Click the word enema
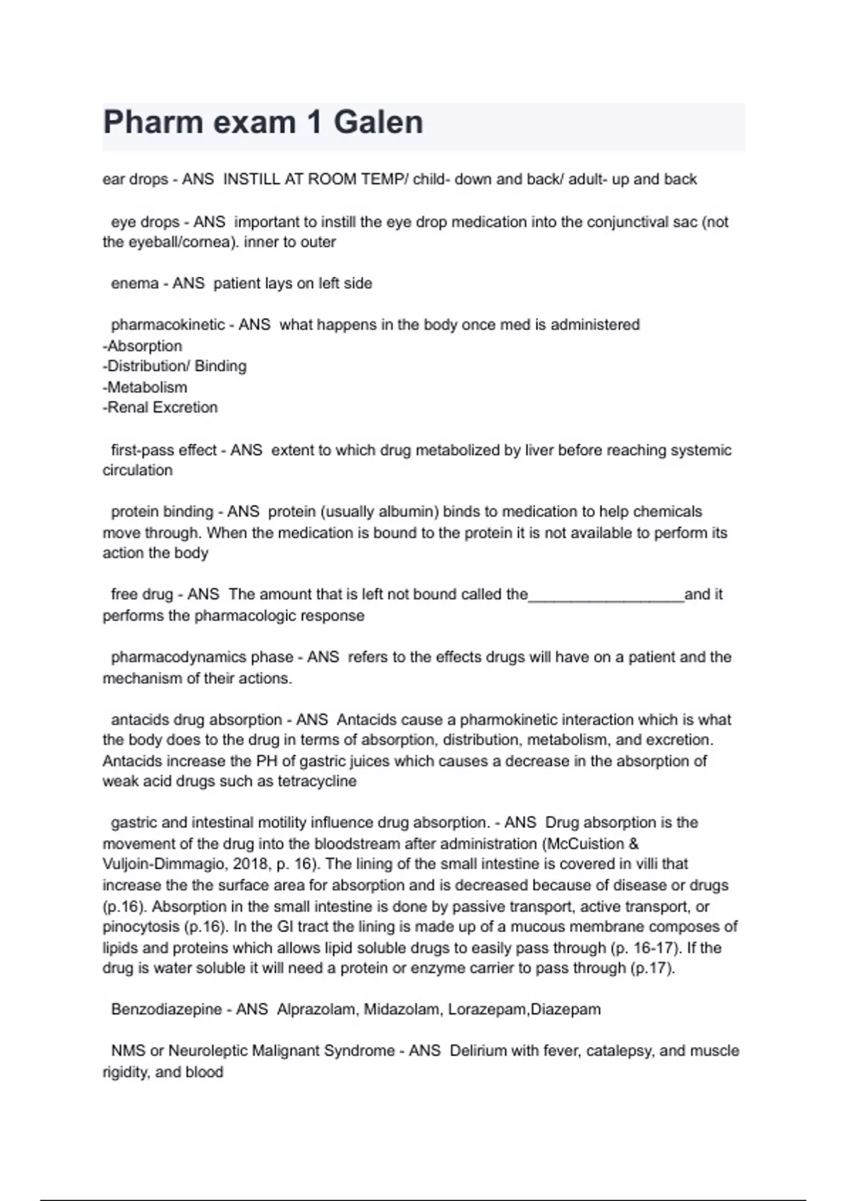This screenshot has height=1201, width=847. coord(135,283)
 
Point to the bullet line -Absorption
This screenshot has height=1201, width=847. coord(143,346)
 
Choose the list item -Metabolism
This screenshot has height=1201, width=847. coord(145,387)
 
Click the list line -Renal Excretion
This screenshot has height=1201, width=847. coord(160,408)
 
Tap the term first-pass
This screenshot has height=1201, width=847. coord(142,450)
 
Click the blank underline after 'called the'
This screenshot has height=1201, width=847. coord(606,595)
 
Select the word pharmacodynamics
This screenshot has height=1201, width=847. coord(179,657)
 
